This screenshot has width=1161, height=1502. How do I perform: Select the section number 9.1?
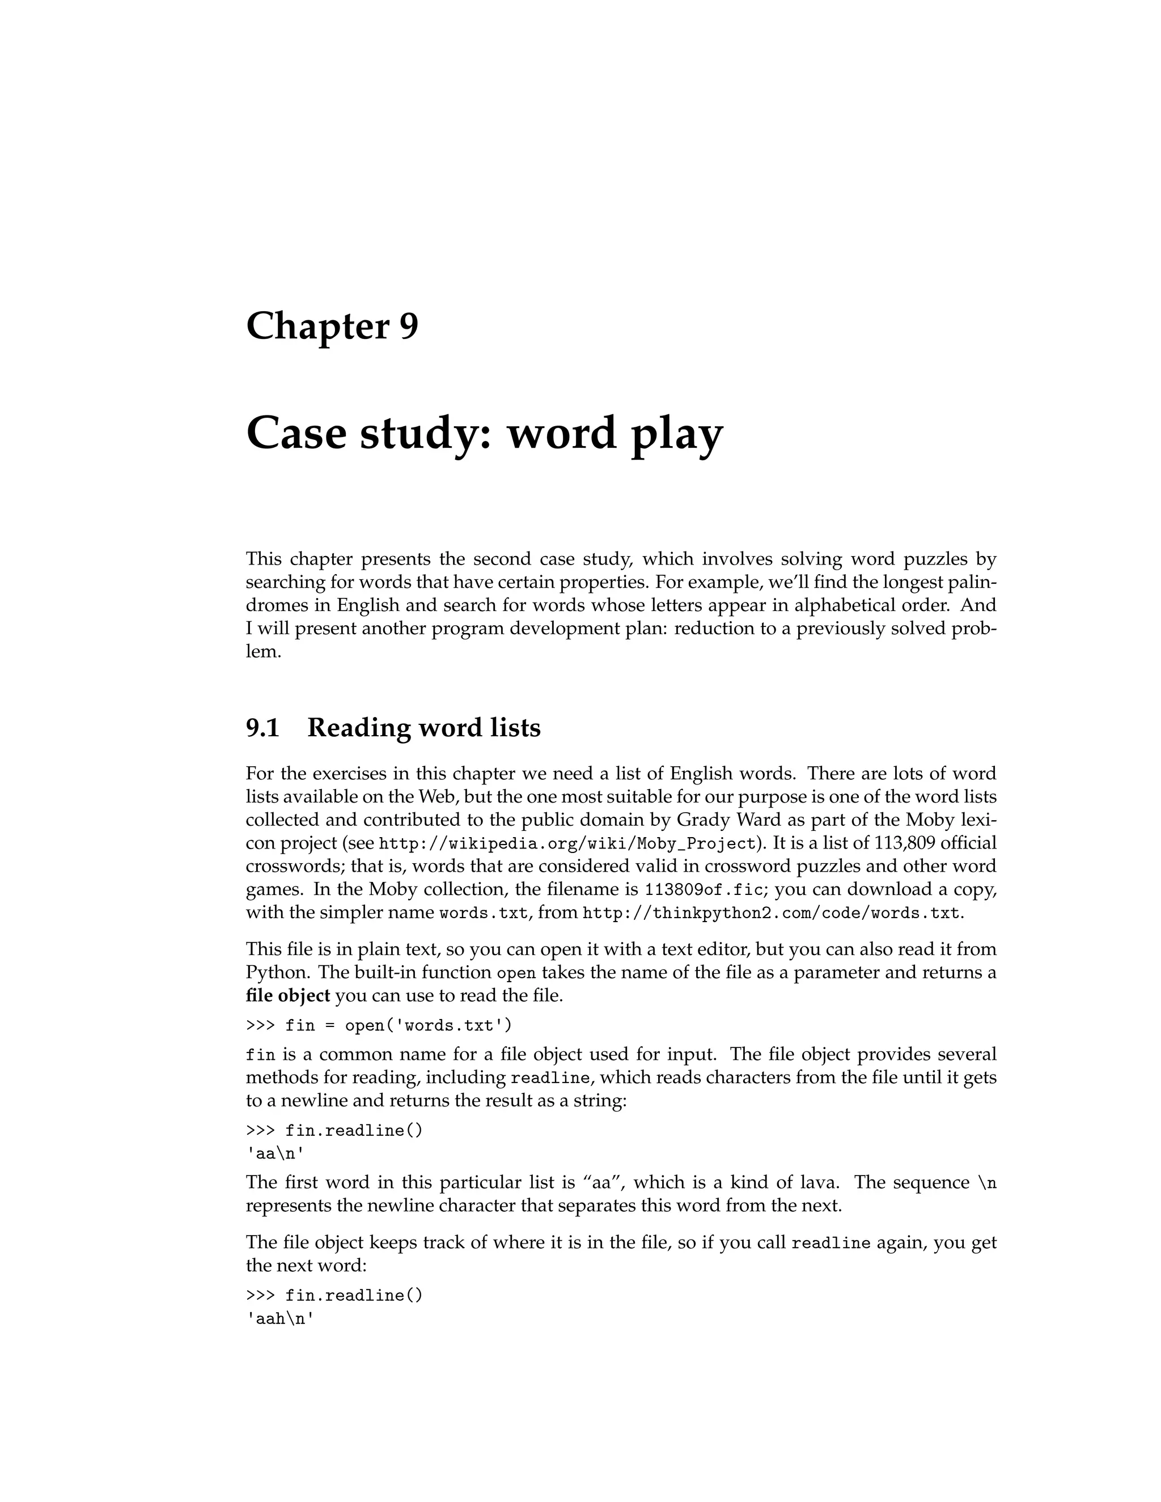pyautogui.click(x=262, y=728)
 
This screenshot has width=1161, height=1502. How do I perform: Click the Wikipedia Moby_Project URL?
pyautogui.click(x=567, y=844)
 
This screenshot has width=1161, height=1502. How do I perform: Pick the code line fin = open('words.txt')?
pyautogui.click(x=379, y=1025)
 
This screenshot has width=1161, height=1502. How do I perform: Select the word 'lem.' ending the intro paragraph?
pyautogui.click(x=264, y=651)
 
